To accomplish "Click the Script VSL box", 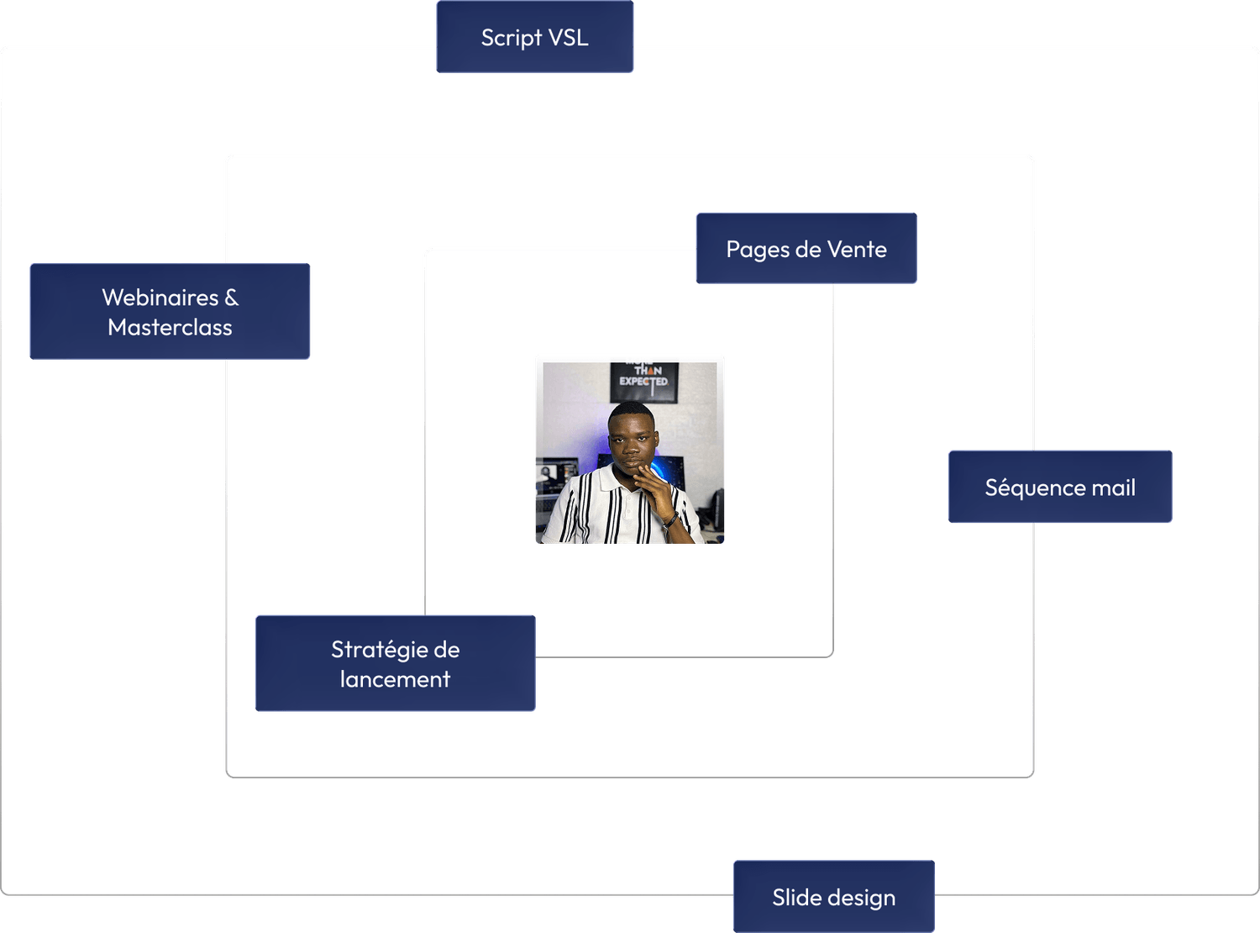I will (x=534, y=38).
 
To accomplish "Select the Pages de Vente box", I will (x=806, y=249).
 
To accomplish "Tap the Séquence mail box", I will (x=1060, y=488).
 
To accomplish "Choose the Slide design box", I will (x=833, y=897).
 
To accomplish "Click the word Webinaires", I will (x=160, y=298).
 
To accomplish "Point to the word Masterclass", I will (x=170, y=328).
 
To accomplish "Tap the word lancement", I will (x=395, y=679).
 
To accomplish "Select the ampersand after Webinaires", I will (x=231, y=298).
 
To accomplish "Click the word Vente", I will (x=857, y=250).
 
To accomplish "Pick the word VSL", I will (x=568, y=38).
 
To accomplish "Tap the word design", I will (x=862, y=899).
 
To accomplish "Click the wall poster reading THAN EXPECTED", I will (x=644, y=381).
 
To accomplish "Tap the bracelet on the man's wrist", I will (x=670, y=520).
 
